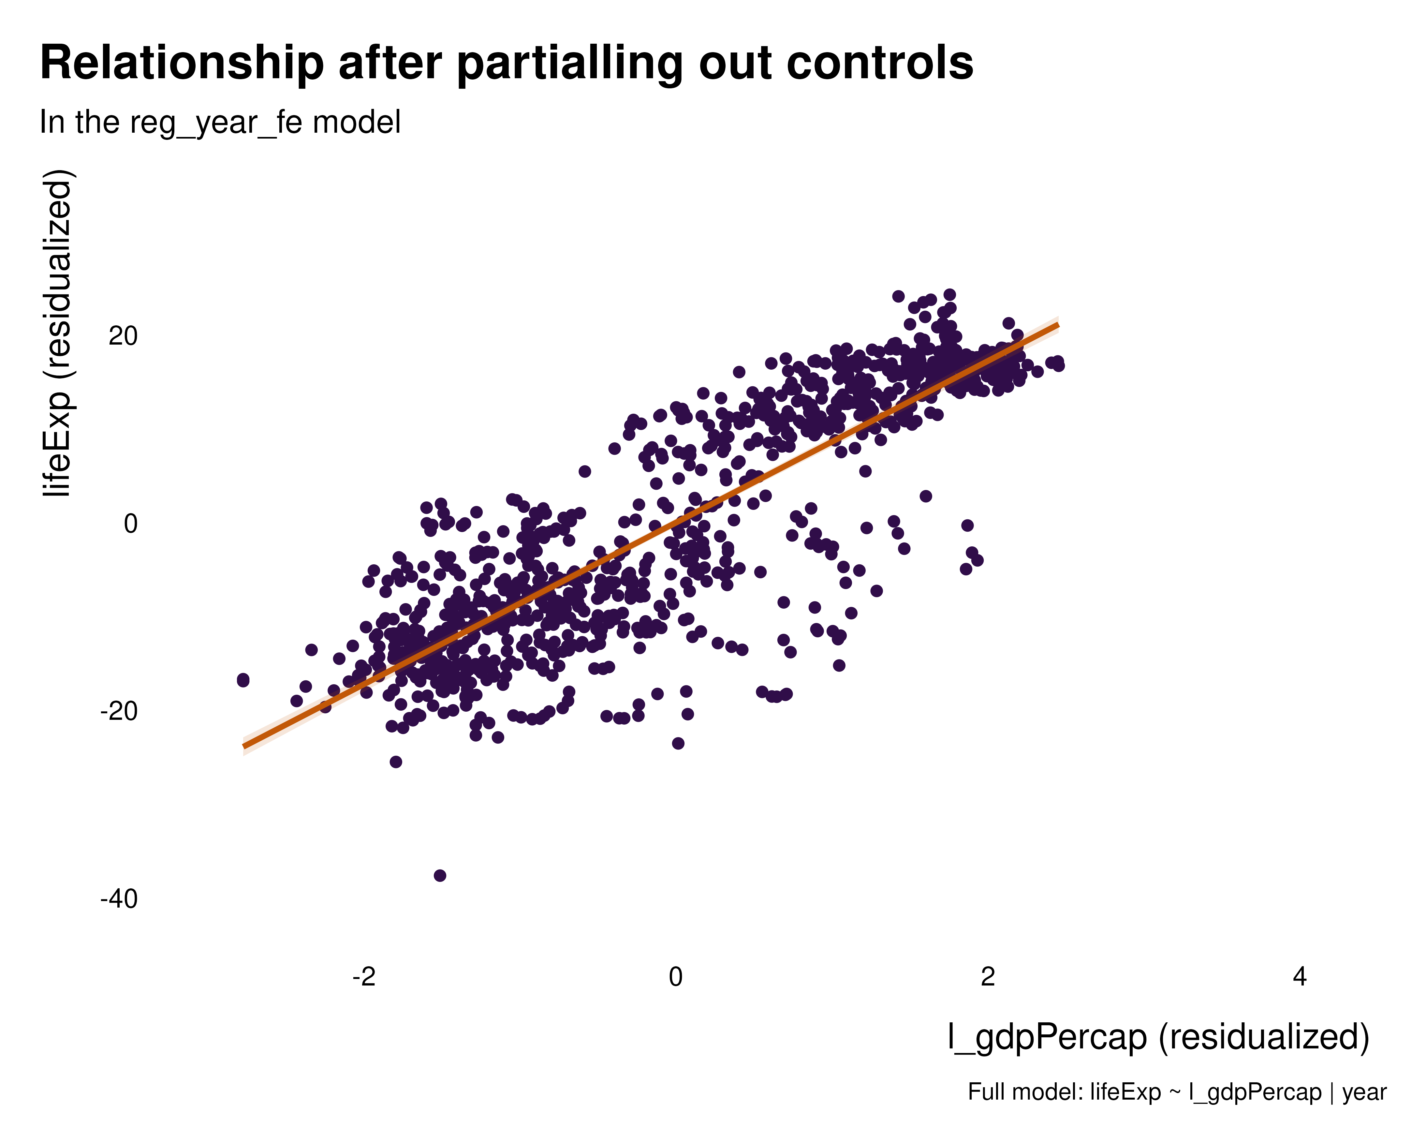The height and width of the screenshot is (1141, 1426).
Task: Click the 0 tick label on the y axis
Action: (130, 524)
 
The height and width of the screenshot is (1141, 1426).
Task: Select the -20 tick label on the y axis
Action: (119, 712)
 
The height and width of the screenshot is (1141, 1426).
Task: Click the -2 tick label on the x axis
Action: (364, 977)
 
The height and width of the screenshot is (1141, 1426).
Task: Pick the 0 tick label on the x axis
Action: (675, 977)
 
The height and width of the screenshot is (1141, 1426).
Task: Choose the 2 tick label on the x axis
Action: (988, 977)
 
